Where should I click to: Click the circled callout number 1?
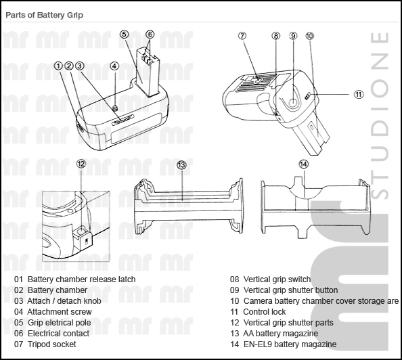click(x=58, y=66)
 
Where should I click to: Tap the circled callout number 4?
click(x=114, y=66)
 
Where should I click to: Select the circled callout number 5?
click(x=124, y=35)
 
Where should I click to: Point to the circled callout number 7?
click(x=242, y=36)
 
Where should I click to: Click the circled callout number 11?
click(x=359, y=94)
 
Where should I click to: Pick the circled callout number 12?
click(x=81, y=164)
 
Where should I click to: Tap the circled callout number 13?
click(x=181, y=165)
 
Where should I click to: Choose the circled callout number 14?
click(x=304, y=164)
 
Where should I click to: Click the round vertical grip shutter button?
click(x=292, y=103)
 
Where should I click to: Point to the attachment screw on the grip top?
click(x=115, y=107)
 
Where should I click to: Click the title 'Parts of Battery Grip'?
click(x=45, y=15)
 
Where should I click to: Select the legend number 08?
click(x=234, y=279)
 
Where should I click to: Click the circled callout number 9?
click(x=293, y=36)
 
